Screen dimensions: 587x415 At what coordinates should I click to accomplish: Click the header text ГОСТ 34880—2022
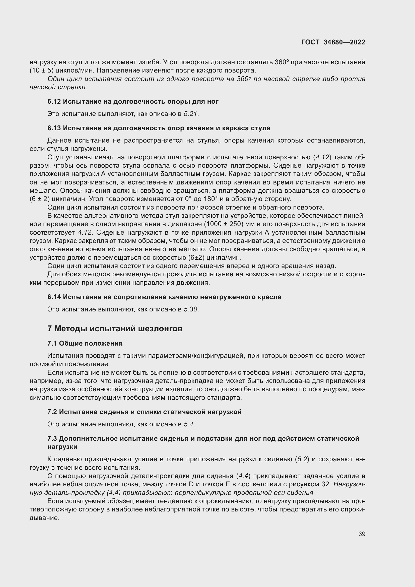coord(333,42)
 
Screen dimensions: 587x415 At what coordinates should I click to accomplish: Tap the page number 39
coord(362,534)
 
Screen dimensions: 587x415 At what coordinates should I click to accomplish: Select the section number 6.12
coord(54,101)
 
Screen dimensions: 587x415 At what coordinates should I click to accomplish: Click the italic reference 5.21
coord(190,114)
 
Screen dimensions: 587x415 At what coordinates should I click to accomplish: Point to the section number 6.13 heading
coord(54,128)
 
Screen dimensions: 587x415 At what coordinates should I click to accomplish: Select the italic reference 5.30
coord(190,309)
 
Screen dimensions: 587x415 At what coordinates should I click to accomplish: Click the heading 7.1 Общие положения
coord(85,343)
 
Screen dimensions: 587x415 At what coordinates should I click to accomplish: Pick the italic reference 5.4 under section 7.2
coord(189,424)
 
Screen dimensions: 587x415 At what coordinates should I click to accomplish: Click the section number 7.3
coord(52,438)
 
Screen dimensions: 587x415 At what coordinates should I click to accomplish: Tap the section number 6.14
coord(54,297)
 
